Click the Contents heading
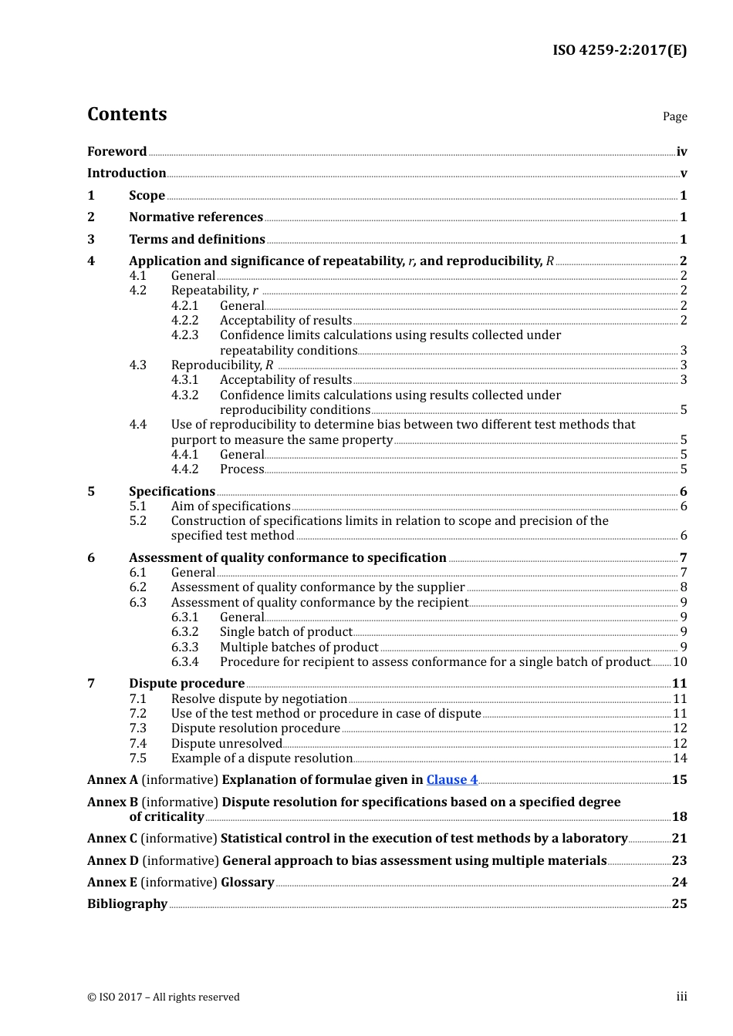[127, 114]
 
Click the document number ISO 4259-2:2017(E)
[619, 51]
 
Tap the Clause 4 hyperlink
[451, 780]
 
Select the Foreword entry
[117, 152]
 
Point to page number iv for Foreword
[681, 152]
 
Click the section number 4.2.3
[184, 335]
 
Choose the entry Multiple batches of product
[299, 647]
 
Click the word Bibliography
[127, 904]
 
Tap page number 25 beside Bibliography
[679, 904]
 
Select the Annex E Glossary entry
[181, 883]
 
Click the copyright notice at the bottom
[164, 997]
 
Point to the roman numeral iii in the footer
[681, 997]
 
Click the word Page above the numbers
[674, 116]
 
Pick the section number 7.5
[138, 758]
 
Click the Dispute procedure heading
[187, 684]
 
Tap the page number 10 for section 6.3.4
[680, 662]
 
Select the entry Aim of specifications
[231, 506]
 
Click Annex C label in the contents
[113, 839]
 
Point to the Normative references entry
[196, 217]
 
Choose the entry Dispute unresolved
[227, 744]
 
